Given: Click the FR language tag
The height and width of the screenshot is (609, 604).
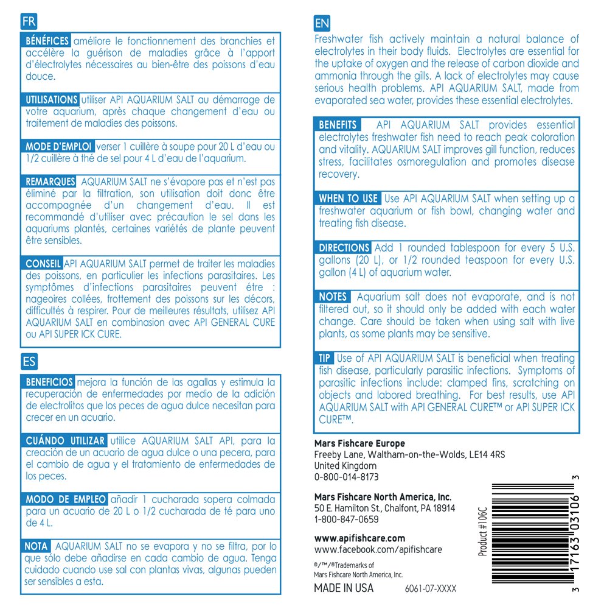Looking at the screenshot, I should click(x=29, y=22).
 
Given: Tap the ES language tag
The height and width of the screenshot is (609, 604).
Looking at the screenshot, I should click(x=29, y=362).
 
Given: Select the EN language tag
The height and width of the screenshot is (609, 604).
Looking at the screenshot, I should click(x=322, y=24).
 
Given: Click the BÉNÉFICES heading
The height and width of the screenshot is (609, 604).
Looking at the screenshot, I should click(x=46, y=41).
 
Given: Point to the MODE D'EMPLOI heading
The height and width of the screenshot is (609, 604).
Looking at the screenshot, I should click(x=58, y=147).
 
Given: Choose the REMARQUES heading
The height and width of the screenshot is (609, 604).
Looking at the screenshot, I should click(x=49, y=181).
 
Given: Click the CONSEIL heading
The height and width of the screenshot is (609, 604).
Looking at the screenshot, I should click(x=42, y=264).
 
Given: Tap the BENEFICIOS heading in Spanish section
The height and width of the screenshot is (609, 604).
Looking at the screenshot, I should click(x=49, y=382).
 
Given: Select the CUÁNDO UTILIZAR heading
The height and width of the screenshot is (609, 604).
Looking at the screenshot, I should click(x=64, y=440).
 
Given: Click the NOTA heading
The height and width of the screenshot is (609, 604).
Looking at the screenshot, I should click(x=38, y=546).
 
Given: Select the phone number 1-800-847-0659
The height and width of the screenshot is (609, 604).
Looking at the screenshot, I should click(x=346, y=519).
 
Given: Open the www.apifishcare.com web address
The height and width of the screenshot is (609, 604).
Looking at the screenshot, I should click(x=359, y=538).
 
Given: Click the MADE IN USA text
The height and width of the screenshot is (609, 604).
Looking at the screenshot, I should click(x=344, y=588).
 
